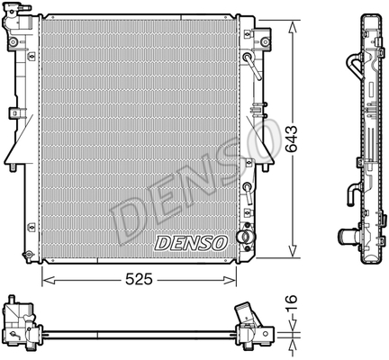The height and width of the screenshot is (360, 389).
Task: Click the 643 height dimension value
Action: coord(291,139)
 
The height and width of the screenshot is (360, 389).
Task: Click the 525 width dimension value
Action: coord(139,280)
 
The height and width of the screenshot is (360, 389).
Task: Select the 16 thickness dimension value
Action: coord(291,303)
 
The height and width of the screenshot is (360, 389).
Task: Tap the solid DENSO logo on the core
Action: coord(191,243)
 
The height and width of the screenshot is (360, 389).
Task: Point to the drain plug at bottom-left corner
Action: coord(28,255)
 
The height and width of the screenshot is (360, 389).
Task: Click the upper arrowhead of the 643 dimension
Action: coord(293,28)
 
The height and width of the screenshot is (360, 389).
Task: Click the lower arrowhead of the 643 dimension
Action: coord(293,250)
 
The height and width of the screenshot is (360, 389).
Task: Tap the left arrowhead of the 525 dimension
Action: coord(49,280)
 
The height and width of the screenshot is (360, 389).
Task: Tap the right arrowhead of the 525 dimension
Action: coord(230,280)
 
